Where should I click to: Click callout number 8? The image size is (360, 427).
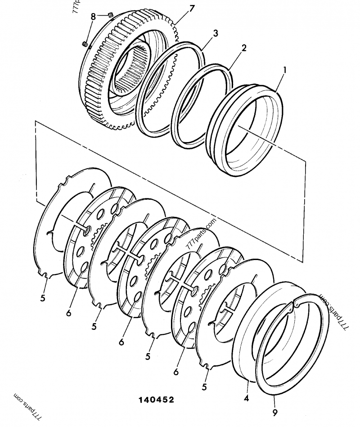coord(93,17)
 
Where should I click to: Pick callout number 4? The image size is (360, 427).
coord(246,399)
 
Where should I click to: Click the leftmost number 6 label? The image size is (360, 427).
coord(68,313)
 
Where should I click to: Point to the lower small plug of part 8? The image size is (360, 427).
coord(84,44)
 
